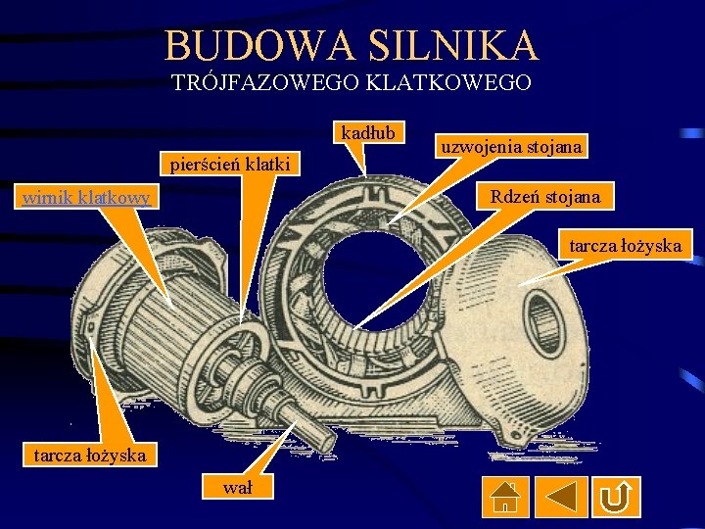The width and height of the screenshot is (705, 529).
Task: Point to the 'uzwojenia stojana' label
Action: pyautogui.click(x=511, y=147)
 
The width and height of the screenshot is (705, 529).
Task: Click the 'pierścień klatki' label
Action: pyautogui.click(x=230, y=164)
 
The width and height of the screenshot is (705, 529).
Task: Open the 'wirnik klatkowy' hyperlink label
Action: pyautogui.click(x=86, y=198)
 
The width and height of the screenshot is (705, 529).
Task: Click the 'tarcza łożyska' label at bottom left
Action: pyautogui.click(x=90, y=455)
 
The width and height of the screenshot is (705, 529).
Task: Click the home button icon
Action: pyautogui.click(x=504, y=498)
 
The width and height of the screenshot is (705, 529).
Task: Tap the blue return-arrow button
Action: pyautogui.click(x=616, y=498)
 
